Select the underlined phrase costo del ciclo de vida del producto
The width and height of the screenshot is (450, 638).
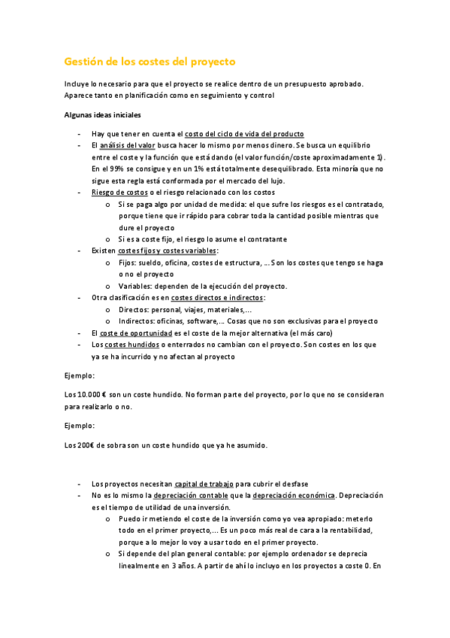click(x=243, y=132)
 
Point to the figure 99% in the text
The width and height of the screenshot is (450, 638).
click(x=118, y=169)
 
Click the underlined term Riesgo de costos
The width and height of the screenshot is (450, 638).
click(x=119, y=193)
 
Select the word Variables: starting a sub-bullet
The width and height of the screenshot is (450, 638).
click(x=137, y=286)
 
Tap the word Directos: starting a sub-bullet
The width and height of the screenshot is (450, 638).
click(x=135, y=309)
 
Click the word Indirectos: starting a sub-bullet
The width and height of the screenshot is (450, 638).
click(x=139, y=321)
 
